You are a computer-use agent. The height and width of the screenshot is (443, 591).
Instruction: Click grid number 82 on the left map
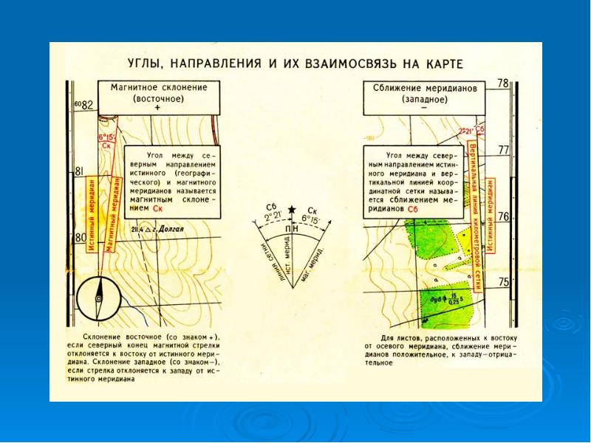89,105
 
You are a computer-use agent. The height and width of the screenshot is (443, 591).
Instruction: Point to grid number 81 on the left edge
79,171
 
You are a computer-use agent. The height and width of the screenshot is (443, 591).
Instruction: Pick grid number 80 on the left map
81,238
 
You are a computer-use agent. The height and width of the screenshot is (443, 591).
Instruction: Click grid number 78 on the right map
503,84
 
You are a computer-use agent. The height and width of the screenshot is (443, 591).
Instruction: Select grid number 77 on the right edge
504,150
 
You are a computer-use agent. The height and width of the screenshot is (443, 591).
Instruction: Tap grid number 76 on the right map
504,216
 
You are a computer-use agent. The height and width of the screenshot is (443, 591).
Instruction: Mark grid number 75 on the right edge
504,282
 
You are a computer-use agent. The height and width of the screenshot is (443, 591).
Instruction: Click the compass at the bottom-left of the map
98,297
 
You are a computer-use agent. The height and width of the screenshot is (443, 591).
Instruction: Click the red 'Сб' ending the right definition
413,210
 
